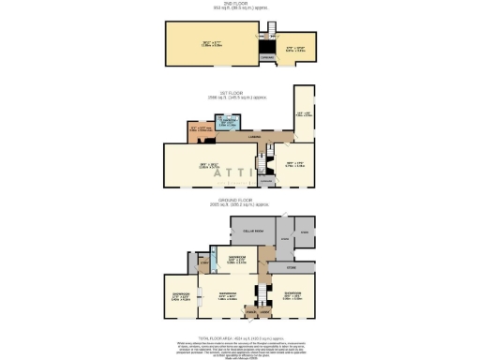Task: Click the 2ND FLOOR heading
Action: click(x=239, y=5)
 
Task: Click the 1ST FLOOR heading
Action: click(x=239, y=93)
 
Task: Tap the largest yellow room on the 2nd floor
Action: click(x=209, y=42)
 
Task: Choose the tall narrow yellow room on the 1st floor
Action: click(x=304, y=112)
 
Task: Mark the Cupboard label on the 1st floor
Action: click(x=266, y=180)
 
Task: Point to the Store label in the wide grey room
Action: click(x=291, y=266)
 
